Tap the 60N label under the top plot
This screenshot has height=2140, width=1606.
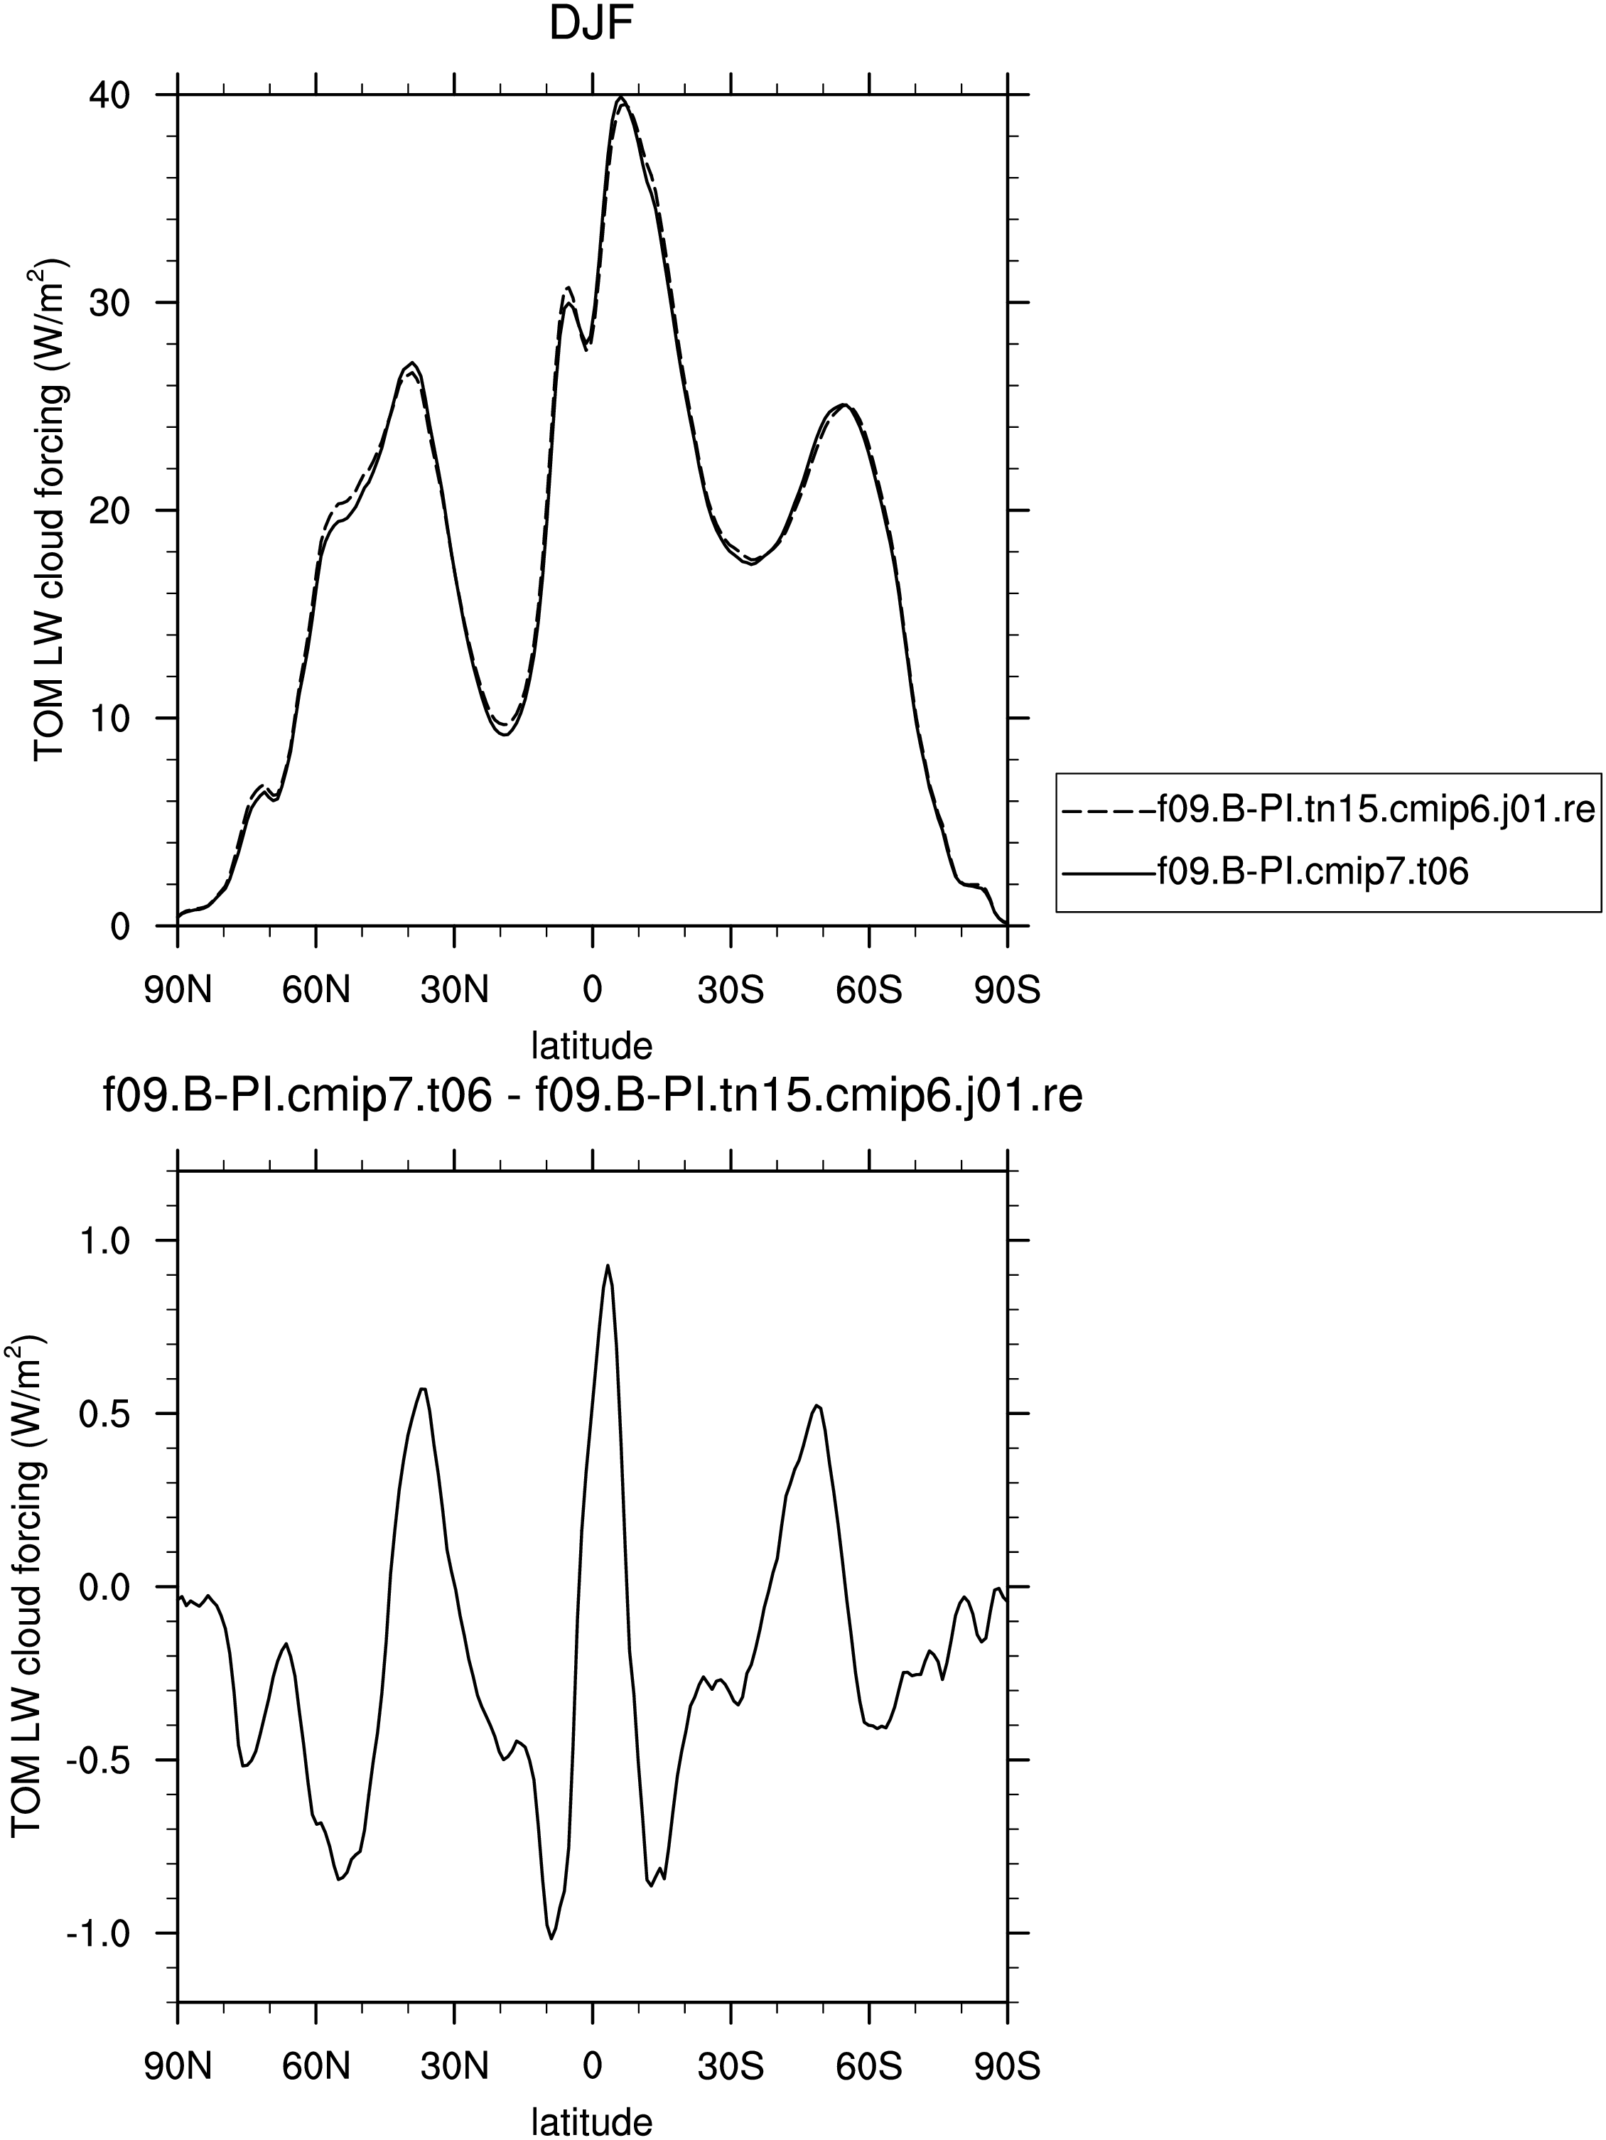[x=316, y=991]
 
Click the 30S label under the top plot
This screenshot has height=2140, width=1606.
[x=731, y=991]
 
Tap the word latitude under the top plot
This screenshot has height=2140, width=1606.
[x=592, y=1045]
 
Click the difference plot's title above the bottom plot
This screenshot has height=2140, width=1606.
[x=592, y=1097]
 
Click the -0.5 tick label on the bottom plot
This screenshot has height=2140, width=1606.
[x=92, y=1760]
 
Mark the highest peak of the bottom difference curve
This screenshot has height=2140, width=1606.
[x=607, y=1264]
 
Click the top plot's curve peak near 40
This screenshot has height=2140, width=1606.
[x=621, y=97]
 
